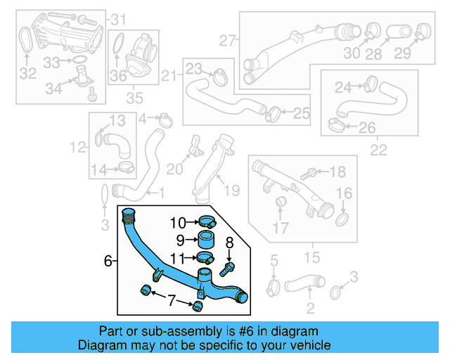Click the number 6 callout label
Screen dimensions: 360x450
pyautogui.click(x=108, y=261)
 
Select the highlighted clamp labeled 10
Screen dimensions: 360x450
pyautogui.click(x=205, y=221)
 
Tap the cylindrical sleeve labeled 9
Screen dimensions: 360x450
pyautogui.click(x=205, y=239)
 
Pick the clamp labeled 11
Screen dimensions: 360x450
pyautogui.click(x=205, y=257)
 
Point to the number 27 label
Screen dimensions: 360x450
pyautogui.click(x=227, y=41)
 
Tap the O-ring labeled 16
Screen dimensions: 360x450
pyautogui.click(x=342, y=220)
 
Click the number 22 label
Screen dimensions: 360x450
pyautogui.click(x=378, y=150)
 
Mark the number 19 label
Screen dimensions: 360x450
pyautogui.click(x=231, y=189)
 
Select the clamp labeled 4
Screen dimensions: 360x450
pyautogui.click(x=165, y=119)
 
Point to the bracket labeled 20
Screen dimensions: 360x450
pyautogui.click(x=192, y=149)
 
